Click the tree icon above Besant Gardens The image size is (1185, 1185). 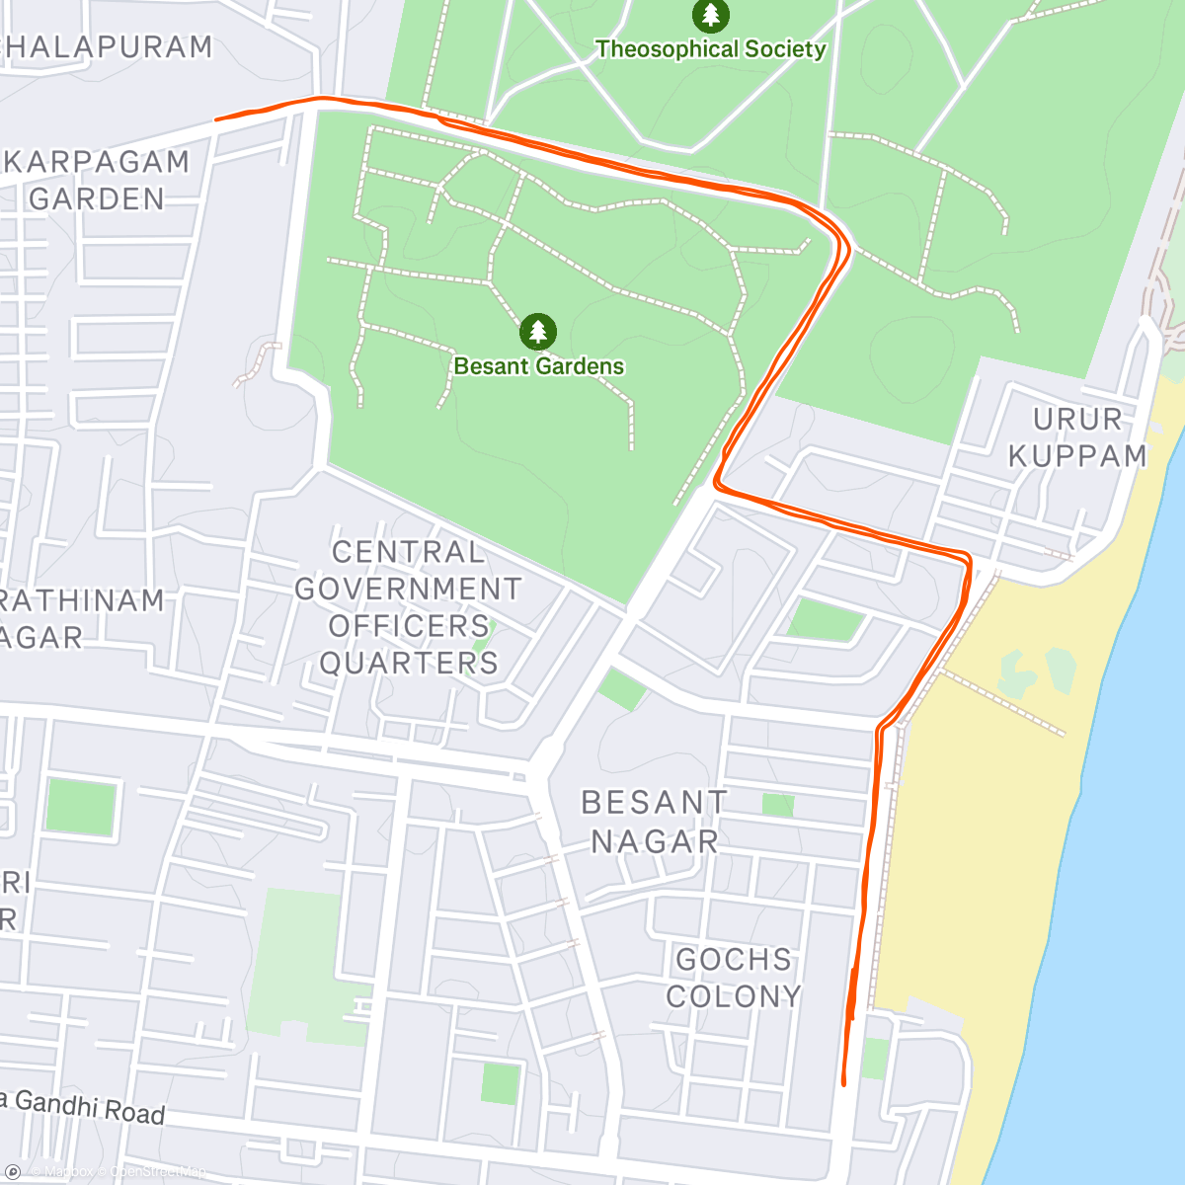coord(537,332)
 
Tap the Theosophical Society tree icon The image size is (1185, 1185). coord(710,15)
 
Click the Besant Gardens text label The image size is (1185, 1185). coord(539,366)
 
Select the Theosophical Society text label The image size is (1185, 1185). coord(710,49)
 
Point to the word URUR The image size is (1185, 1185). coord(1077,420)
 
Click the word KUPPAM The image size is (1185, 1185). coord(1077,456)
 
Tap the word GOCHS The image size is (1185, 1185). coord(734,960)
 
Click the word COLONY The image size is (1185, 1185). coord(734,996)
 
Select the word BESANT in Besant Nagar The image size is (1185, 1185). coord(654,803)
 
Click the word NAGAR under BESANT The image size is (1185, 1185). coord(655,841)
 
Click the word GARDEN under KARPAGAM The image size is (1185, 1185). coord(97,199)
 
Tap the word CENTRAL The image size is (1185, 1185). coord(409,552)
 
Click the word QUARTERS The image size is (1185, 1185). coord(409,663)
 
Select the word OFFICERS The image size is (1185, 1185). coord(409,626)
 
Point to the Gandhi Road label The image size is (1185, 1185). coord(89,1107)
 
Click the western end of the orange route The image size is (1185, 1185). coord(217,119)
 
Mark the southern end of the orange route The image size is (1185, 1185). coord(843,1083)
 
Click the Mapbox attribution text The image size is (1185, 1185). coord(64,1172)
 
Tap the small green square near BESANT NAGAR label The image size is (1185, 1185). coord(778,805)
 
